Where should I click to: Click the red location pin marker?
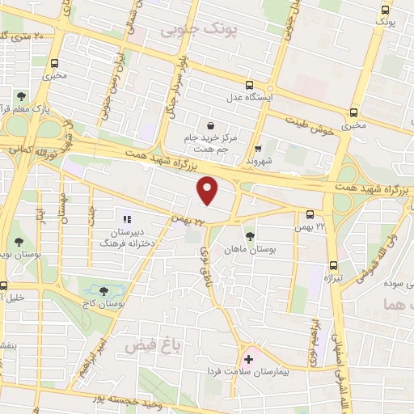[x=208, y=191]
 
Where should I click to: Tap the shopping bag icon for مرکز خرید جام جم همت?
[x=211, y=126]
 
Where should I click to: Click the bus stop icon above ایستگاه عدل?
[x=249, y=85]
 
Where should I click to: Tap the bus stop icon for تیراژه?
[x=334, y=264]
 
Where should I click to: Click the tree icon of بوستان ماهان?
[x=248, y=237]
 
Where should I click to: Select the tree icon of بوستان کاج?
[x=103, y=289]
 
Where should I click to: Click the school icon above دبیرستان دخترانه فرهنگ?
[x=125, y=218]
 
